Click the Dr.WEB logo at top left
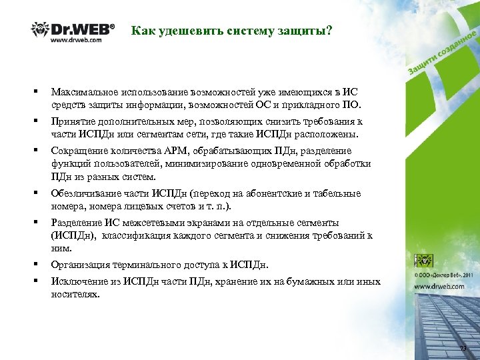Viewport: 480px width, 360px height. [73, 31]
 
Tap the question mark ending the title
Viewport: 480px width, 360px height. [329, 31]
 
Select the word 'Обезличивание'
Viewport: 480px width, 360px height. [86, 193]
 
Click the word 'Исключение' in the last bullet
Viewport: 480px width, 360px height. [79, 281]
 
